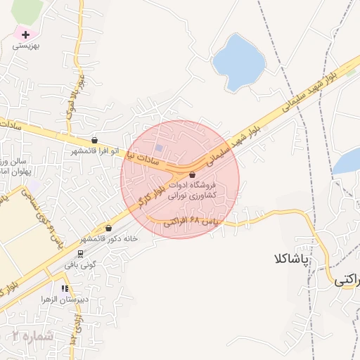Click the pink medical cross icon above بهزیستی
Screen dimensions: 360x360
pyautogui.click(x=25, y=34)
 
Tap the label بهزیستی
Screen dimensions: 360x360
pyautogui.click(x=26, y=46)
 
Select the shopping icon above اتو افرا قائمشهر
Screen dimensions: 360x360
pyautogui.click(x=94, y=140)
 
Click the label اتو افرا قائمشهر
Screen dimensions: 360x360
pyautogui.click(x=94, y=151)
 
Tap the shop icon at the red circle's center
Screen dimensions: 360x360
pyautogui.click(x=192, y=175)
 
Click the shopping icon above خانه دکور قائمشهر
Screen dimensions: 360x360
pyautogui.click(x=108, y=228)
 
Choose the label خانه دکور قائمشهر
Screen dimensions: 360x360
pyautogui.click(x=108, y=239)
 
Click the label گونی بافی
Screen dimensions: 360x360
pyautogui.click(x=79, y=266)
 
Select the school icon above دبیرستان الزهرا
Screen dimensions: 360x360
pyautogui.click(x=65, y=288)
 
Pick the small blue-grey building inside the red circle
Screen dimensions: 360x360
pyautogui.click(x=160, y=148)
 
